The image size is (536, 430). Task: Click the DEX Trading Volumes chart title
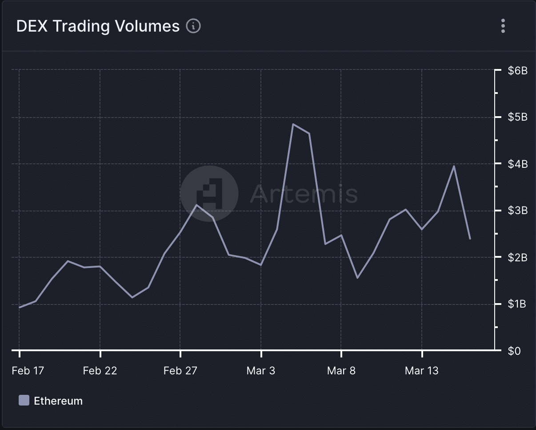[x=98, y=26]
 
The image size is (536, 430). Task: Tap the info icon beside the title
[x=193, y=26]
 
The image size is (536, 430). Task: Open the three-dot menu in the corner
[x=503, y=26]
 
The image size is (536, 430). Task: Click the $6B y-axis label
[x=517, y=70]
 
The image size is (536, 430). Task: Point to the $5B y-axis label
[x=517, y=117]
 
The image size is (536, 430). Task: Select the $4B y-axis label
[x=517, y=164]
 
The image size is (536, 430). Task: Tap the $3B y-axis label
[x=517, y=211]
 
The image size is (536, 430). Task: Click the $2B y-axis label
[x=517, y=257]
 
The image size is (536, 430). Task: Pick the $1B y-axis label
[x=517, y=304]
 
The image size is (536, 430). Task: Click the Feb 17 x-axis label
[x=28, y=371]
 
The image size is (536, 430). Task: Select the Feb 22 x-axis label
[x=100, y=371]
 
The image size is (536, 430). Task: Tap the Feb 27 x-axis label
[x=180, y=371]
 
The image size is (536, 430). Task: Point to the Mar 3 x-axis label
[x=261, y=371]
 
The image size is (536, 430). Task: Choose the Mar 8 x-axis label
[x=341, y=371]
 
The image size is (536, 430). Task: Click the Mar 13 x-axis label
[x=421, y=371]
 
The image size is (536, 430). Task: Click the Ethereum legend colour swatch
[x=24, y=400]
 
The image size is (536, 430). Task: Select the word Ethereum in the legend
[x=58, y=401]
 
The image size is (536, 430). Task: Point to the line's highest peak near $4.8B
[x=293, y=124]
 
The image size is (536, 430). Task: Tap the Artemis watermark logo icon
[x=209, y=194]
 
